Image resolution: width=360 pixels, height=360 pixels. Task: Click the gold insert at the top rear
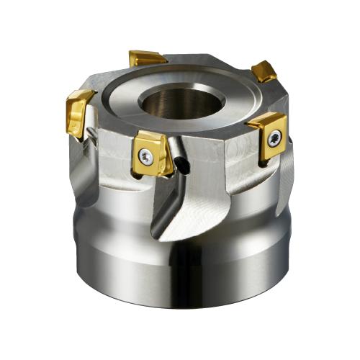[148, 58]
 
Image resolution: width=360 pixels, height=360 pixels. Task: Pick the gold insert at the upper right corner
[264, 71]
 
